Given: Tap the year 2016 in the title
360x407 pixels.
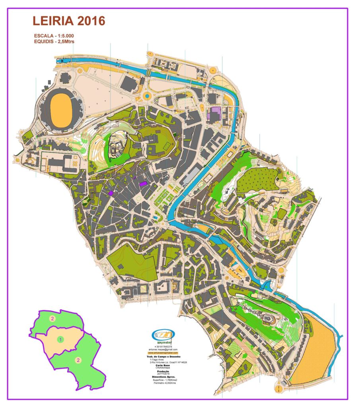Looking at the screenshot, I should (x=91, y=21).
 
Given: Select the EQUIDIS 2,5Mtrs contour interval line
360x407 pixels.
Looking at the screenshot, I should (x=54, y=41).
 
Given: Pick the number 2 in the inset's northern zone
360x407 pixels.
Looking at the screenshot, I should (x=52, y=318).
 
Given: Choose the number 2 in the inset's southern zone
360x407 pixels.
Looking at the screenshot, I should (x=78, y=360).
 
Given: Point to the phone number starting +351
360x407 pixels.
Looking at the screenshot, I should (x=163, y=347).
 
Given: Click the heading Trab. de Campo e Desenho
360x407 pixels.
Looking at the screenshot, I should (x=163, y=357).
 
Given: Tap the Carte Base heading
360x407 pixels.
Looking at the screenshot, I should (x=163, y=365).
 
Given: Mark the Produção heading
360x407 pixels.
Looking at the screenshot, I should (x=163, y=371).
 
